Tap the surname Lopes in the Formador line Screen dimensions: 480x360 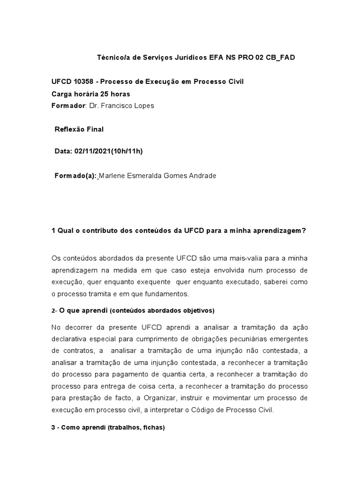(x=144, y=105)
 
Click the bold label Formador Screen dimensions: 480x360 (x=68, y=105)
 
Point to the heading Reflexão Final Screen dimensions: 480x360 (x=79, y=129)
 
